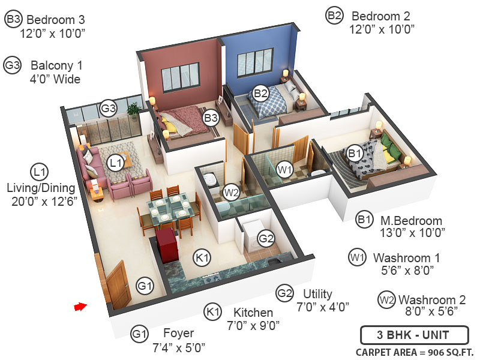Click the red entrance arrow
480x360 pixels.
click(80, 307)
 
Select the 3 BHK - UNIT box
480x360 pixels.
click(405, 335)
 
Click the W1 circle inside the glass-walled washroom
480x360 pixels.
click(285, 170)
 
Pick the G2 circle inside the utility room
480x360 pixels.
click(266, 239)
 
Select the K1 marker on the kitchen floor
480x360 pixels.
click(203, 257)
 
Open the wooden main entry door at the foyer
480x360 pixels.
click(116, 280)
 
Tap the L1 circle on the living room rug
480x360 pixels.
click(116, 161)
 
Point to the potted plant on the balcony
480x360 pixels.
click(134, 110)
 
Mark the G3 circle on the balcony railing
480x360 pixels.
click(108, 108)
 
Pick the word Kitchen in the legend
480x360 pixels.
click(253, 313)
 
